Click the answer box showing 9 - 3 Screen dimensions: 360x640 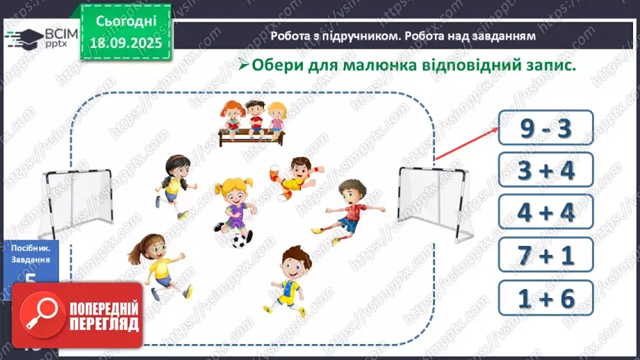(x=546, y=130)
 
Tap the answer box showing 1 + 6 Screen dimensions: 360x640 (x=546, y=300)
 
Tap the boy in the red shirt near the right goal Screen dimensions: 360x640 (x=347, y=208)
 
